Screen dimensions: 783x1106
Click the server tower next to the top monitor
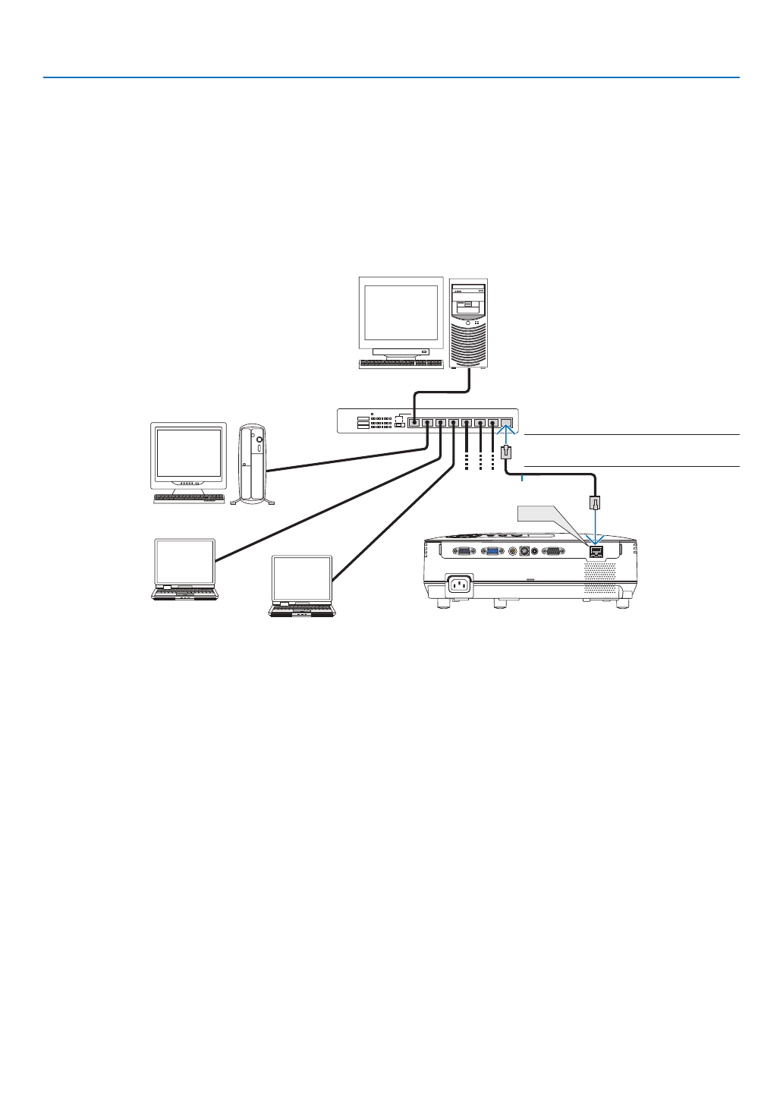(468, 323)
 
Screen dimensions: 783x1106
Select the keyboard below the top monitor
(401, 364)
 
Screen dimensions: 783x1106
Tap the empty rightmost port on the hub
(507, 423)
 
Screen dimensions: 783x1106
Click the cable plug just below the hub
(507, 453)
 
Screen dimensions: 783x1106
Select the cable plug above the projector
(596, 502)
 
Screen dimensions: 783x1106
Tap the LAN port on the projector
(596, 552)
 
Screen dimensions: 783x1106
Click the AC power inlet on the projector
(460, 584)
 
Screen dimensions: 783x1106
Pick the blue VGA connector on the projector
(492, 552)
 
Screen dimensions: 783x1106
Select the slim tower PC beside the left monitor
(253, 463)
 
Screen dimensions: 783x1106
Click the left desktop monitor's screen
(189, 454)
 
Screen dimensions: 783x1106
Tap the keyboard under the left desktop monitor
(189, 499)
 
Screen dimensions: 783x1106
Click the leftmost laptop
(185, 569)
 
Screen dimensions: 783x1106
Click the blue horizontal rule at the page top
(391, 77)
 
